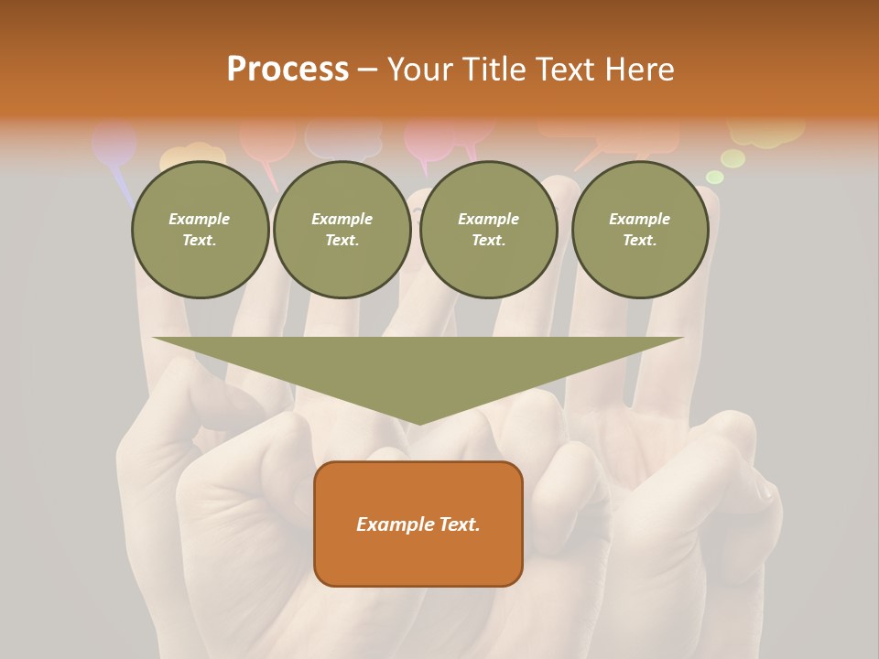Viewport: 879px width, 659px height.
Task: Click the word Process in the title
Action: pos(288,70)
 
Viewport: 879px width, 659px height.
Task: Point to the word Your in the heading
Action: pos(420,70)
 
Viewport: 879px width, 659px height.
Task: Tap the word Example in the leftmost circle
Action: pos(200,219)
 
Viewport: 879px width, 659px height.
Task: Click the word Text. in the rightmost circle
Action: pos(640,240)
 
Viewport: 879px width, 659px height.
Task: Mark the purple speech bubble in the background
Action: pos(114,145)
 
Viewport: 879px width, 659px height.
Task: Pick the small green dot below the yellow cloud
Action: pos(715,177)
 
